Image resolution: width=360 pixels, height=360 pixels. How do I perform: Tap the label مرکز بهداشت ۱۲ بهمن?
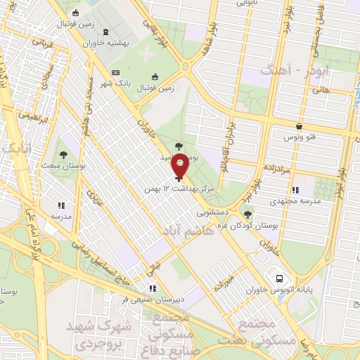click(x=176, y=190)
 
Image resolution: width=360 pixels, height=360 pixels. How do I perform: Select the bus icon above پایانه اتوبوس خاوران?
click(x=281, y=278)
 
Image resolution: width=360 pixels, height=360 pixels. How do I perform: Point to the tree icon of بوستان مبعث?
click(x=64, y=153)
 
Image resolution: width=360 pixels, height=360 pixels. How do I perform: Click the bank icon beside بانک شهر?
click(x=116, y=73)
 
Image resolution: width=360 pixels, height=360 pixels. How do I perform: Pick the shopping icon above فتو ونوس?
click(x=300, y=127)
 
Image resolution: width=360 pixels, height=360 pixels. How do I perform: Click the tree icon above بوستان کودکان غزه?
click(x=247, y=213)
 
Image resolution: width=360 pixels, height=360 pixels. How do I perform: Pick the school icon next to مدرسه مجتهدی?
click(x=295, y=189)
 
